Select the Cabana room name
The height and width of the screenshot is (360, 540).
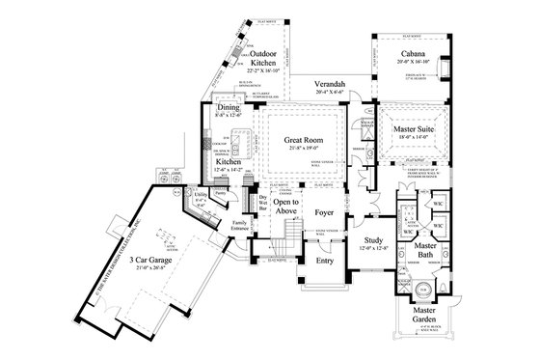coord(416,54)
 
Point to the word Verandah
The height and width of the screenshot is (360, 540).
coord(319,85)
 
